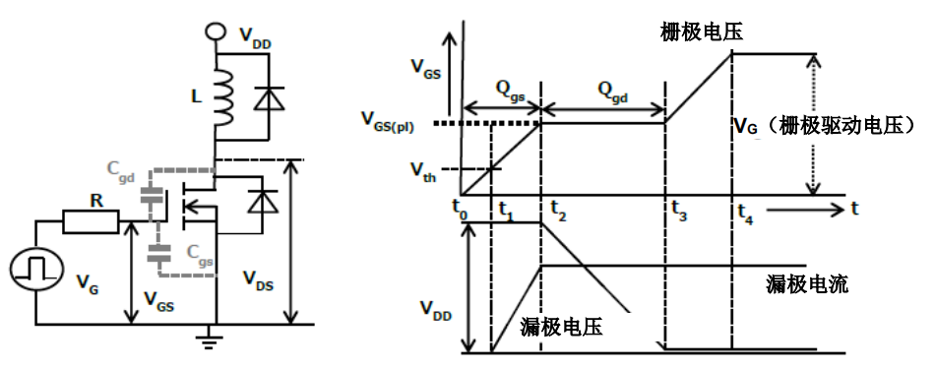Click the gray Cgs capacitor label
point(200,254)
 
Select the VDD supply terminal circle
point(216,31)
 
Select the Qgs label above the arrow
point(511,92)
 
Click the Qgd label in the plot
point(615,92)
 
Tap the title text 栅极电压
point(701,31)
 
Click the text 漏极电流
point(807,285)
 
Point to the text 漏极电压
point(561,327)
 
